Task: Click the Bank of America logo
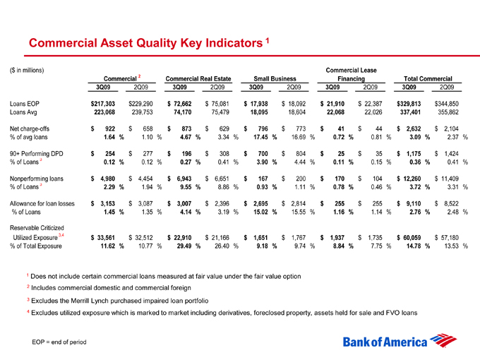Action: coord(394,341)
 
